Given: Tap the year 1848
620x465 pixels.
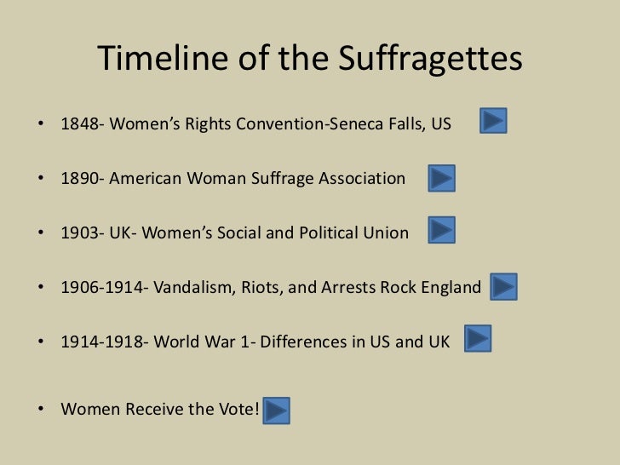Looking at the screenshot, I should pos(78,125).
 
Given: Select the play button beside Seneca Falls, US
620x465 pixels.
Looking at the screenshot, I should pos(494,121).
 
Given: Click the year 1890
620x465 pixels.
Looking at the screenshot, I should pos(78,179).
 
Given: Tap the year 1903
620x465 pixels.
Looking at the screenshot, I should pos(78,232).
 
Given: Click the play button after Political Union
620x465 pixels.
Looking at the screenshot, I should pos(441,230).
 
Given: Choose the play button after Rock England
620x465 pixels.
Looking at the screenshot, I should pos(503,286).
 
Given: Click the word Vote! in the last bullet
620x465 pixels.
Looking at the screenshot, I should pos(237,409).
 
